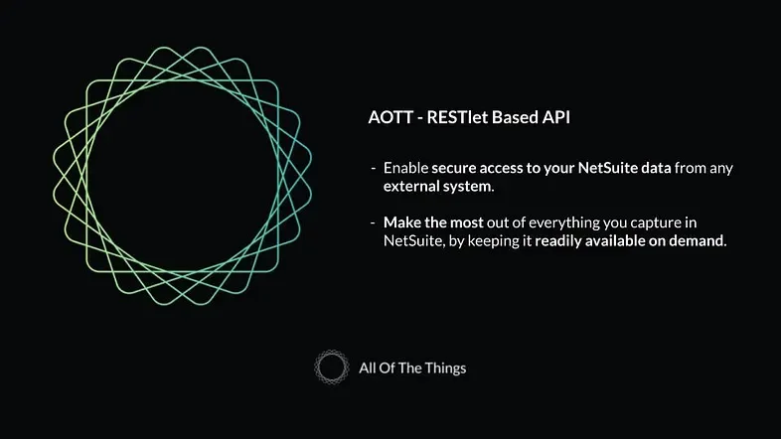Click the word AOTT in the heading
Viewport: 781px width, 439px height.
pyautogui.click(x=389, y=117)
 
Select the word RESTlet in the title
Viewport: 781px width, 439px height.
pyautogui.click(x=456, y=117)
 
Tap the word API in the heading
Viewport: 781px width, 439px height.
pyautogui.click(x=556, y=117)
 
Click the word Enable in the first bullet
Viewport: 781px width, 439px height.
pyautogui.click(x=405, y=168)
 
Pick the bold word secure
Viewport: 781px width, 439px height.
pyautogui.click(x=454, y=168)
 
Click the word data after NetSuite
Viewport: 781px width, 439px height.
pyautogui.click(x=656, y=168)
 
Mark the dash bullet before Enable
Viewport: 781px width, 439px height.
pyautogui.click(x=374, y=168)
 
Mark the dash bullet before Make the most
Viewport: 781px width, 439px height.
pyautogui.click(x=374, y=222)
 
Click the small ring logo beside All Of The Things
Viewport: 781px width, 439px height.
pyautogui.click(x=331, y=367)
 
